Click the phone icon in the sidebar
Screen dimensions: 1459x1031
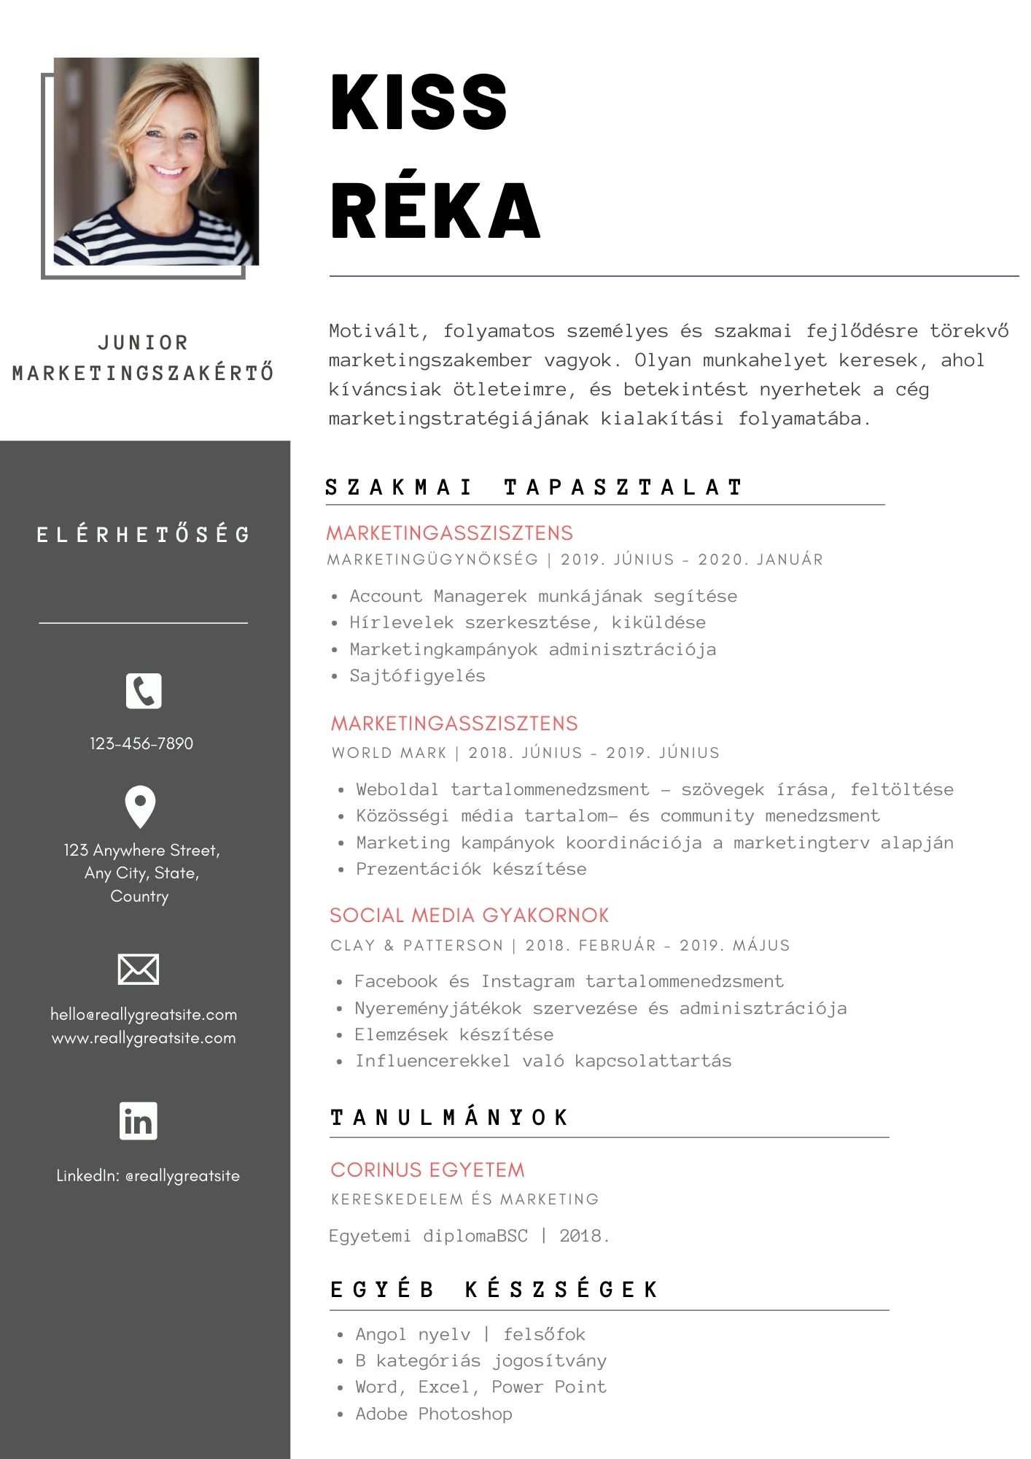point(144,691)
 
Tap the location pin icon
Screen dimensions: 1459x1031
point(141,806)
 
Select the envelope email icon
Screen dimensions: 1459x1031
point(139,969)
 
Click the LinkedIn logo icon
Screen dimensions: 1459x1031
point(139,1121)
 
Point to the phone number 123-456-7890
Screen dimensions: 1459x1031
point(141,743)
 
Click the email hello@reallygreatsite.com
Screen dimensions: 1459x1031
point(144,1014)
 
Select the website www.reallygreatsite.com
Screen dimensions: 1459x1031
point(144,1037)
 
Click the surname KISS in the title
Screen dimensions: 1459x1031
point(419,103)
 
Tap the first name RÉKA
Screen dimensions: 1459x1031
point(435,211)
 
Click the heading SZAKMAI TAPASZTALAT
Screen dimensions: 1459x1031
point(534,487)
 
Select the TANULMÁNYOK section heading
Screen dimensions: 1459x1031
point(449,1118)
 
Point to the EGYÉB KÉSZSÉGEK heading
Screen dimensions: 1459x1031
point(494,1290)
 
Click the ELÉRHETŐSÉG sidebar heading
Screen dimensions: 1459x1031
point(144,535)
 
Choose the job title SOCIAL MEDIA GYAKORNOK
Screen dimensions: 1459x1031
point(469,916)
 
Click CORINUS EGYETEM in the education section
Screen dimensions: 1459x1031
point(427,1169)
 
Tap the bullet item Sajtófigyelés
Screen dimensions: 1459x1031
point(417,676)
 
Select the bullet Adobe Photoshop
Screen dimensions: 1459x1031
point(433,1414)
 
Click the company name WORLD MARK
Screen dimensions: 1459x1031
point(389,753)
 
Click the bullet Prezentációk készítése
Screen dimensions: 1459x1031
point(471,869)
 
